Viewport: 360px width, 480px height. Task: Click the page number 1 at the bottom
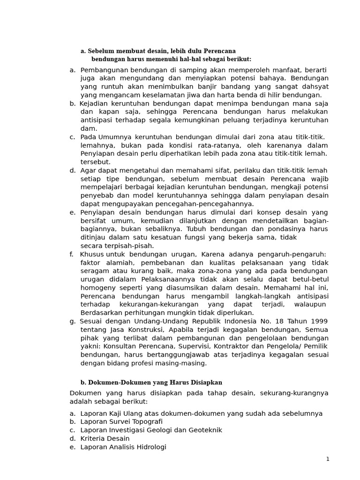(328, 459)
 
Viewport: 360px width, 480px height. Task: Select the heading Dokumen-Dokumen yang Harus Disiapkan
(151, 382)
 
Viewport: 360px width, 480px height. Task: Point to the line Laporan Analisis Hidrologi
(123, 447)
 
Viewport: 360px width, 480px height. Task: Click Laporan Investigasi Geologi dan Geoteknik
(151, 430)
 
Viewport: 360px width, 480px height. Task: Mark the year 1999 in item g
(319, 321)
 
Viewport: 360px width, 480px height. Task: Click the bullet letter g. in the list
(72, 321)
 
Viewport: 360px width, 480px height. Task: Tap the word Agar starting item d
(88, 170)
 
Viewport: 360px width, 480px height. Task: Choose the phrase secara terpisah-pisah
(117, 246)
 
